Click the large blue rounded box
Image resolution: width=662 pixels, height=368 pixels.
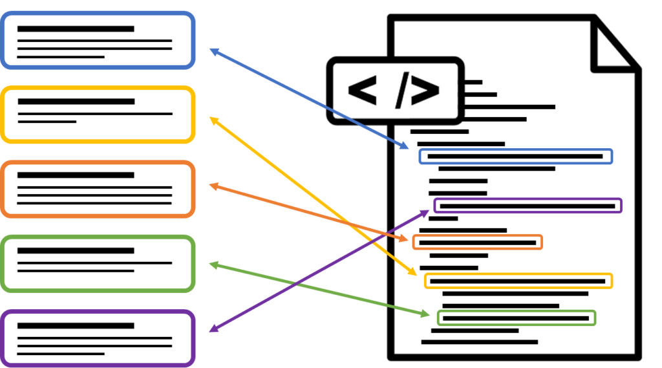click(x=98, y=40)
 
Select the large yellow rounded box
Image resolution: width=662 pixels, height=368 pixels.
click(x=98, y=114)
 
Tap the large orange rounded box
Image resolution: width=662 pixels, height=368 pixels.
click(x=98, y=189)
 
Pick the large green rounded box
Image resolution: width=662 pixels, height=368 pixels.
click(x=98, y=263)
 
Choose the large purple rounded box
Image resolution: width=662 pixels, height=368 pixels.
click(x=98, y=338)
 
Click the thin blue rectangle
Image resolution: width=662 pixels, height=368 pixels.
click(x=515, y=157)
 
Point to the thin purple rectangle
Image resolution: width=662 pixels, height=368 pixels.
click(x=528, y=206)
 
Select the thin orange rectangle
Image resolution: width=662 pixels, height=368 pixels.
click(x=477, y=242)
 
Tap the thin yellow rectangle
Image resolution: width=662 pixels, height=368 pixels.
click(x=518, y=281)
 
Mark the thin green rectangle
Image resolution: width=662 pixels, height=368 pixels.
click(x=516, y=318)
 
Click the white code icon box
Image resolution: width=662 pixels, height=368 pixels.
click(x=395, y=91)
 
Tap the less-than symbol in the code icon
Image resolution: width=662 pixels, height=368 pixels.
click(x=362, y=91)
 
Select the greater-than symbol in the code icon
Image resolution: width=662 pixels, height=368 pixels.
click(x=425, y=91)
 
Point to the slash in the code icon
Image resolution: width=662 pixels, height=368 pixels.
click(x=402, y=91)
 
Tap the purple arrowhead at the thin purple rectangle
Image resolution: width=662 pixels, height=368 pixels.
click(x=426, y=211)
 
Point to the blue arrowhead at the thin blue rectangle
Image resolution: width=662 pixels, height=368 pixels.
click(x=405, y=147)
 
